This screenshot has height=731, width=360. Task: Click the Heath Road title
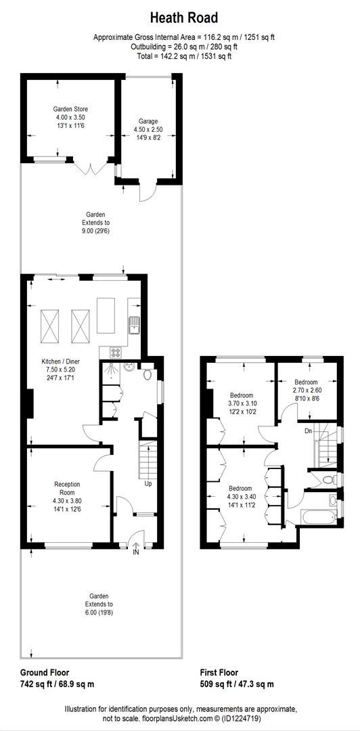(184, 18)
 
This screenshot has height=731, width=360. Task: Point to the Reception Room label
(67, 492)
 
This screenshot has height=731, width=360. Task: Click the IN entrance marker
(136, 552)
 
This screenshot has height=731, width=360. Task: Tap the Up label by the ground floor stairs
(148, 484)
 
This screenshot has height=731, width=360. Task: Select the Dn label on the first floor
(308, 430)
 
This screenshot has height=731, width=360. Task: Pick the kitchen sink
(135, 324)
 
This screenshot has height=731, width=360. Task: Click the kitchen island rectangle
(107, 315)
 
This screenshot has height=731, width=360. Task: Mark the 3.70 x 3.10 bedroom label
(242, 403)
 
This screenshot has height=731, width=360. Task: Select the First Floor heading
(219, 673)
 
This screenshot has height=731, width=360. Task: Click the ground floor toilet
(148, 374)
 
